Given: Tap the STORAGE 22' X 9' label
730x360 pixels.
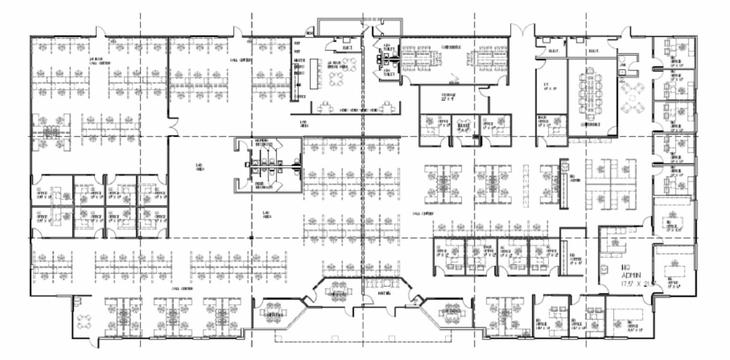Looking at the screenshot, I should tap(448, 97).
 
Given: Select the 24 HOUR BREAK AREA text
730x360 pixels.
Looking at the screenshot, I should tap(337, 65).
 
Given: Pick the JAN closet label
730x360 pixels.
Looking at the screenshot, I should tap(623, 65).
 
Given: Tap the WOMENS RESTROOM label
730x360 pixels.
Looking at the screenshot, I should tap(264, 142).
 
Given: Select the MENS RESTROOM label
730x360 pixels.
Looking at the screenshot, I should tap(264, 185).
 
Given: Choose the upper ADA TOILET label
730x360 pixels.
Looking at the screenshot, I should tap(389, 47).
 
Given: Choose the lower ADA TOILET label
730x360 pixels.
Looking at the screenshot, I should tap(389, 72).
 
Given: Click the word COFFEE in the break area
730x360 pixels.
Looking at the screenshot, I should tap(300, 97).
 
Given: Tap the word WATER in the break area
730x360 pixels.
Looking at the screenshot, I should tap(300, 60).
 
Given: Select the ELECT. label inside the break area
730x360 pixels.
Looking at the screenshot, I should tap(347, 48).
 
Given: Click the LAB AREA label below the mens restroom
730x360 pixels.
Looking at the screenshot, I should tap(267, 215).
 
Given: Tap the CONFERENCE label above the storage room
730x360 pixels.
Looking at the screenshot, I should tap(451, 47).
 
